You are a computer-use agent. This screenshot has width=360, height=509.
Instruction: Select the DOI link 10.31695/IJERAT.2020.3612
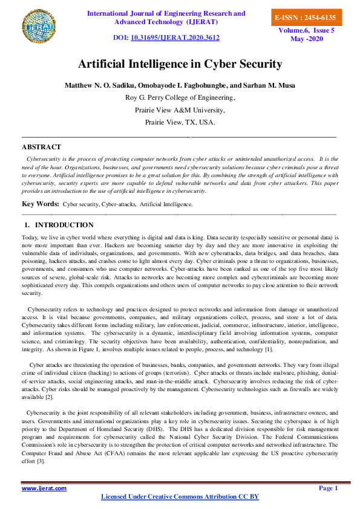(183, 37)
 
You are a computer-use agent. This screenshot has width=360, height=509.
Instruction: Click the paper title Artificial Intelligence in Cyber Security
(180, 64)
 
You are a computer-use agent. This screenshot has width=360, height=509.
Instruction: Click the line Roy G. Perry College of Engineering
(180, 97)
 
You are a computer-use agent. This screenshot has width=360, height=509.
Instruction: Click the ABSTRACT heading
(41, 147)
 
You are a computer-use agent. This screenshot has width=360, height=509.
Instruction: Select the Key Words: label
(41, 205)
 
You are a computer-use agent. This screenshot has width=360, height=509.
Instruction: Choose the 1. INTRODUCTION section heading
(59, 225)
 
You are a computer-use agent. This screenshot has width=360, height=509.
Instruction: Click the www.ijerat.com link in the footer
(44, 488)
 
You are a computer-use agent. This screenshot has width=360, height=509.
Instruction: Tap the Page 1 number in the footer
(328, 488)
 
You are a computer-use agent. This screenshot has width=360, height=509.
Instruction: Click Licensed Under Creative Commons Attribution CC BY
(180, 497)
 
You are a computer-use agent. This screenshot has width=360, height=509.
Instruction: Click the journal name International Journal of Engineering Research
(166, 13)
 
